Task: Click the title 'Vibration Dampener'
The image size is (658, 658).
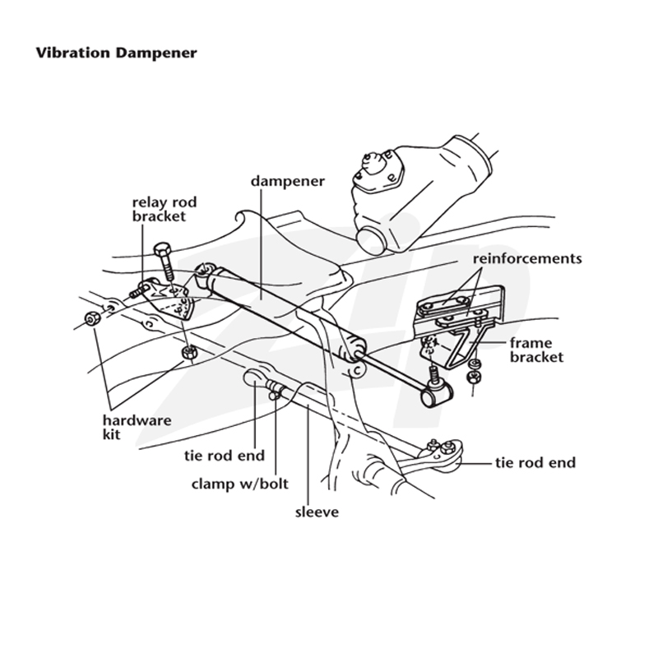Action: click(116, 53)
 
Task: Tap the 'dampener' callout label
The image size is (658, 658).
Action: click(287, 182)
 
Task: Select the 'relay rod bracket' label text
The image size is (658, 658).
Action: click(164, 209)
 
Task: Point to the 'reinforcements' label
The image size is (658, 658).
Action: click(527, 258)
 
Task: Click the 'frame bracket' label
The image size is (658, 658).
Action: click(536, 350)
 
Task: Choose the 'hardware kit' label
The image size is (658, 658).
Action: click(137, 427)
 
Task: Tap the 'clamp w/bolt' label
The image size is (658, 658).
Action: click(239, 484)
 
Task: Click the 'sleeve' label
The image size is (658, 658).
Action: click(317, 512)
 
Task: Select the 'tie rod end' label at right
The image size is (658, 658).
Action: click(535, 463)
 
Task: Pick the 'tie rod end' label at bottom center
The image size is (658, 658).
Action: click(224, 456)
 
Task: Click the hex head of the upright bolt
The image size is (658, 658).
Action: click(162, 250)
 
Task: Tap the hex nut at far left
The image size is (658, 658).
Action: click(92, 319)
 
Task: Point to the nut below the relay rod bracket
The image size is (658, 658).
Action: click(190, 352)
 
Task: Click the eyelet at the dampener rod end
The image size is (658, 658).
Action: click(438, 394)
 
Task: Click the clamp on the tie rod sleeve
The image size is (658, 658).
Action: click(275, 389)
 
